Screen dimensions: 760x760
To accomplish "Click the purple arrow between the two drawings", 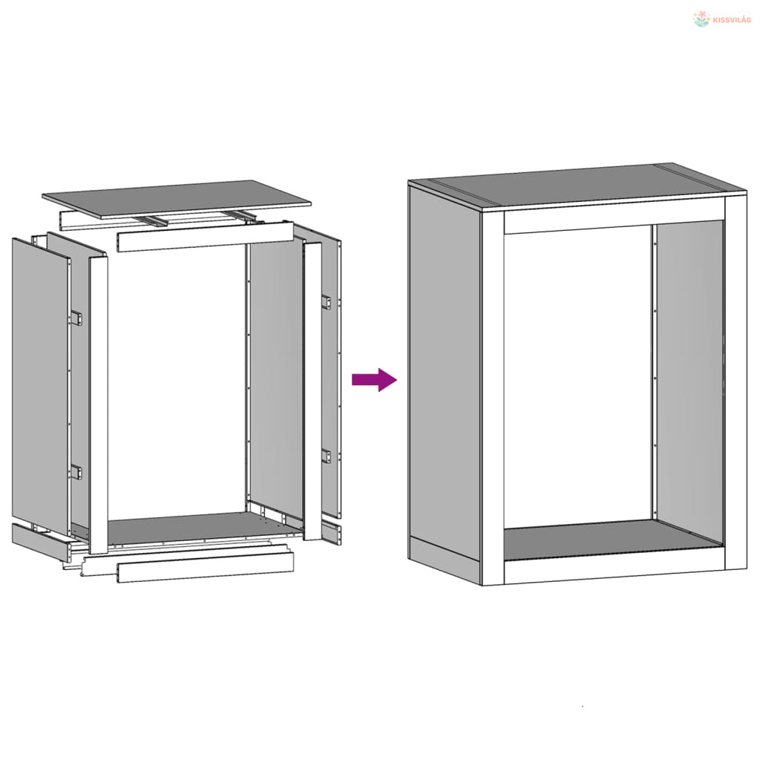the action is click(x=374, y=379).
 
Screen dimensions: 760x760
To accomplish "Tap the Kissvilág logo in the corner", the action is click(x=722, y=19).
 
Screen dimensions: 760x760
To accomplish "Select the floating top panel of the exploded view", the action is click(x=177, y=199).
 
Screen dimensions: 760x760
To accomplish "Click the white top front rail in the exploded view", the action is click(x=205, y=237).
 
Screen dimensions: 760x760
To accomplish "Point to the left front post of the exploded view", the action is click(x=99, y=405).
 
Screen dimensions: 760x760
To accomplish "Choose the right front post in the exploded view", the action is click(x=312, y=390).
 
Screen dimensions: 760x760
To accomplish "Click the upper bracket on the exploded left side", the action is click(x=76, y=318).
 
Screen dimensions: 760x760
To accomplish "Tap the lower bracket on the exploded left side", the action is click(x=76, y=471).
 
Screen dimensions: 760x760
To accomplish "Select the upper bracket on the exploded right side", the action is click(x=327, y=302).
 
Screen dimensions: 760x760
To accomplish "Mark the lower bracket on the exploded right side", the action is click(x=327, y=456).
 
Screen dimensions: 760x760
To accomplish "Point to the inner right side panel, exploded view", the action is click(x=275, y=378).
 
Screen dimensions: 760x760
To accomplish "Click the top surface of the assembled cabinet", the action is click(x=577, y=186).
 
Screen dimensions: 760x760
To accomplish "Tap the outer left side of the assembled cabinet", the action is click(x=445, y=383).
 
